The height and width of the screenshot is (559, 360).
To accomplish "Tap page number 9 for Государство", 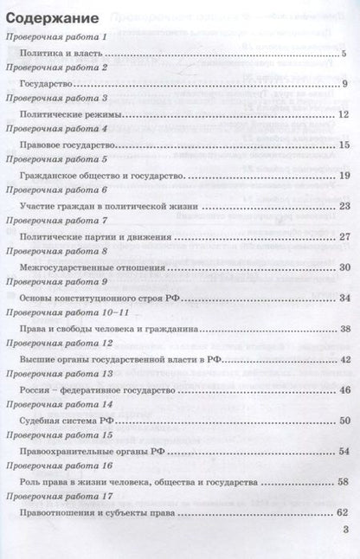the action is [x=344, y=84].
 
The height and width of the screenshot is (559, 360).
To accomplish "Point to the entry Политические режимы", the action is [x=70, y=114].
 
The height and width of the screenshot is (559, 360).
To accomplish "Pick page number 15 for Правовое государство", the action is [x=344, y=145].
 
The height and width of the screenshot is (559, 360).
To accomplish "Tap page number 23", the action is [x=344, y=206].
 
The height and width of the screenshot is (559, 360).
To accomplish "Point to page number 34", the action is [x=344, y=298].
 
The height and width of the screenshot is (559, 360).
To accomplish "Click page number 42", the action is [x=344, y=359].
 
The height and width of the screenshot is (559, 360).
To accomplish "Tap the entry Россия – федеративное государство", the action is [x=95, y=389].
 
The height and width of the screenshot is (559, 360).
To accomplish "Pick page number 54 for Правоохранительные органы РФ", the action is [x=344, y=451].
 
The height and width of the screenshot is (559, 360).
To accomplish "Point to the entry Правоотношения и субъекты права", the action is [x=97, y=512].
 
